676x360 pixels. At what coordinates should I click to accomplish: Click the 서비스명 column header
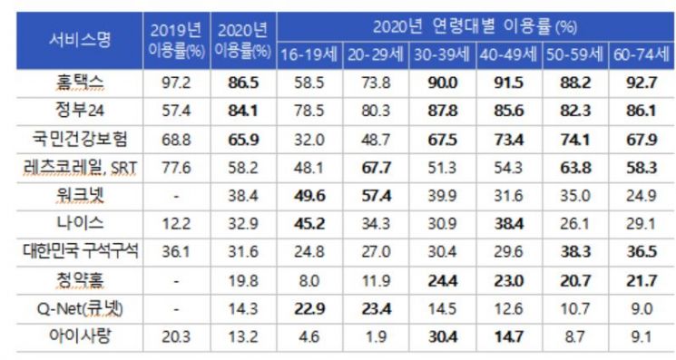pos(80,40)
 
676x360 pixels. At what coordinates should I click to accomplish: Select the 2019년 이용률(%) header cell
pos(176,41)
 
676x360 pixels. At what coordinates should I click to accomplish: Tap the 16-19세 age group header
pos(309,55)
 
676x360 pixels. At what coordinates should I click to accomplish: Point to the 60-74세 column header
pos(642,55)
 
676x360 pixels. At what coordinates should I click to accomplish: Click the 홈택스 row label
pos(80,83)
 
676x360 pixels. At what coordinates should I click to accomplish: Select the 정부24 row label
pos(80,111)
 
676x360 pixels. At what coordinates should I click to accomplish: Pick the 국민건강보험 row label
pos(80,139)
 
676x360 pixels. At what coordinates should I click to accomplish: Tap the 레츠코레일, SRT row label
pos(80,167)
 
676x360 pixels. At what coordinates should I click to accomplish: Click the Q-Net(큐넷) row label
pos(80,308)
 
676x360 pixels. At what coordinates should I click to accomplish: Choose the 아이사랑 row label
pos(80,336)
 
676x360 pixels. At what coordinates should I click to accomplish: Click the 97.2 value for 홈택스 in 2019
pos(176,83)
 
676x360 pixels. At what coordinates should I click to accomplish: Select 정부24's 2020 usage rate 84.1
pos(243,111)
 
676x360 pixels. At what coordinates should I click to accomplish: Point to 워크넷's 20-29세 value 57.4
pos(376,196)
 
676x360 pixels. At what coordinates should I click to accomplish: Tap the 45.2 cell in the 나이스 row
pos(309,224)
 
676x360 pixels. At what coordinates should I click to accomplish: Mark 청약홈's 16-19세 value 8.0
pos(309,281)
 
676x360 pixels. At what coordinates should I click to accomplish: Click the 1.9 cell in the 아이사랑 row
pos(376,336)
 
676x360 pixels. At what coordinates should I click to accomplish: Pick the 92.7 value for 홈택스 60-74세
pos(642,83)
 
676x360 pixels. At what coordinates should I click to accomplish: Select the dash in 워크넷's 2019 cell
pos(176,197)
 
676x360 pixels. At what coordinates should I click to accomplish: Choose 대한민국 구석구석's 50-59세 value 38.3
pos(575,252)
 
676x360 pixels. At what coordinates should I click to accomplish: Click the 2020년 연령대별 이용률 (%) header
pos(475,27)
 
